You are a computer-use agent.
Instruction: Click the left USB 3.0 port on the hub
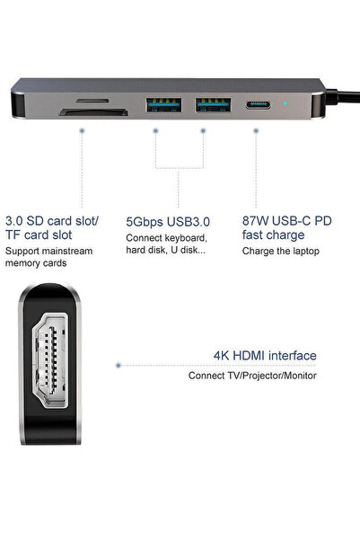[163, 105]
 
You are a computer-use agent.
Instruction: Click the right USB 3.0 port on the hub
[214, 105]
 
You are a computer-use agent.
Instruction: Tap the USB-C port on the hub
[258, 105]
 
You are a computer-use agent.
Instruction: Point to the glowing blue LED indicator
[285, 103]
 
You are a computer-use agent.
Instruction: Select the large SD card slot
[93, 112]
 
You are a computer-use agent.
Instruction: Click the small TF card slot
[92, 101]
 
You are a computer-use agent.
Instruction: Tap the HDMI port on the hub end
[50, 360]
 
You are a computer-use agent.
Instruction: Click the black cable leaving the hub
[342, 97]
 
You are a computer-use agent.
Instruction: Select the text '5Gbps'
[145, 222]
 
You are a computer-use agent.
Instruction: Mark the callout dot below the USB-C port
[256, 131]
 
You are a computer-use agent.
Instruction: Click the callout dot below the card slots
[82, 131]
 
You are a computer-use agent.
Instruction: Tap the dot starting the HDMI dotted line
[119, 365]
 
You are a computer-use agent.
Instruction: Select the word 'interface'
[293, 356]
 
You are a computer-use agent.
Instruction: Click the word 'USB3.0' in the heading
[188, 222]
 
